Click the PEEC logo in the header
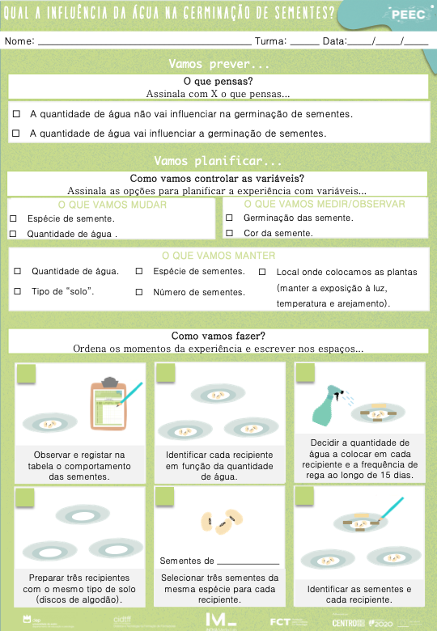[408, 15]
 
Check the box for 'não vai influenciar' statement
[16, 114]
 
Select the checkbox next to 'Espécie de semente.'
[13, 218]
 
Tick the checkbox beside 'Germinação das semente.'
[229, 218]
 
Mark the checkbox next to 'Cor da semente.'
[229, 234]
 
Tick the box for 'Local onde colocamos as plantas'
[262, 273]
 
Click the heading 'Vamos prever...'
[218, 64]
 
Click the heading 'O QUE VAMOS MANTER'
[218, 256]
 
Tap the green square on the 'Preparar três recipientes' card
[26, 497]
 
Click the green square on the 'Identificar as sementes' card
[305, 497]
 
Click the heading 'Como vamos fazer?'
[218, 336]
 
